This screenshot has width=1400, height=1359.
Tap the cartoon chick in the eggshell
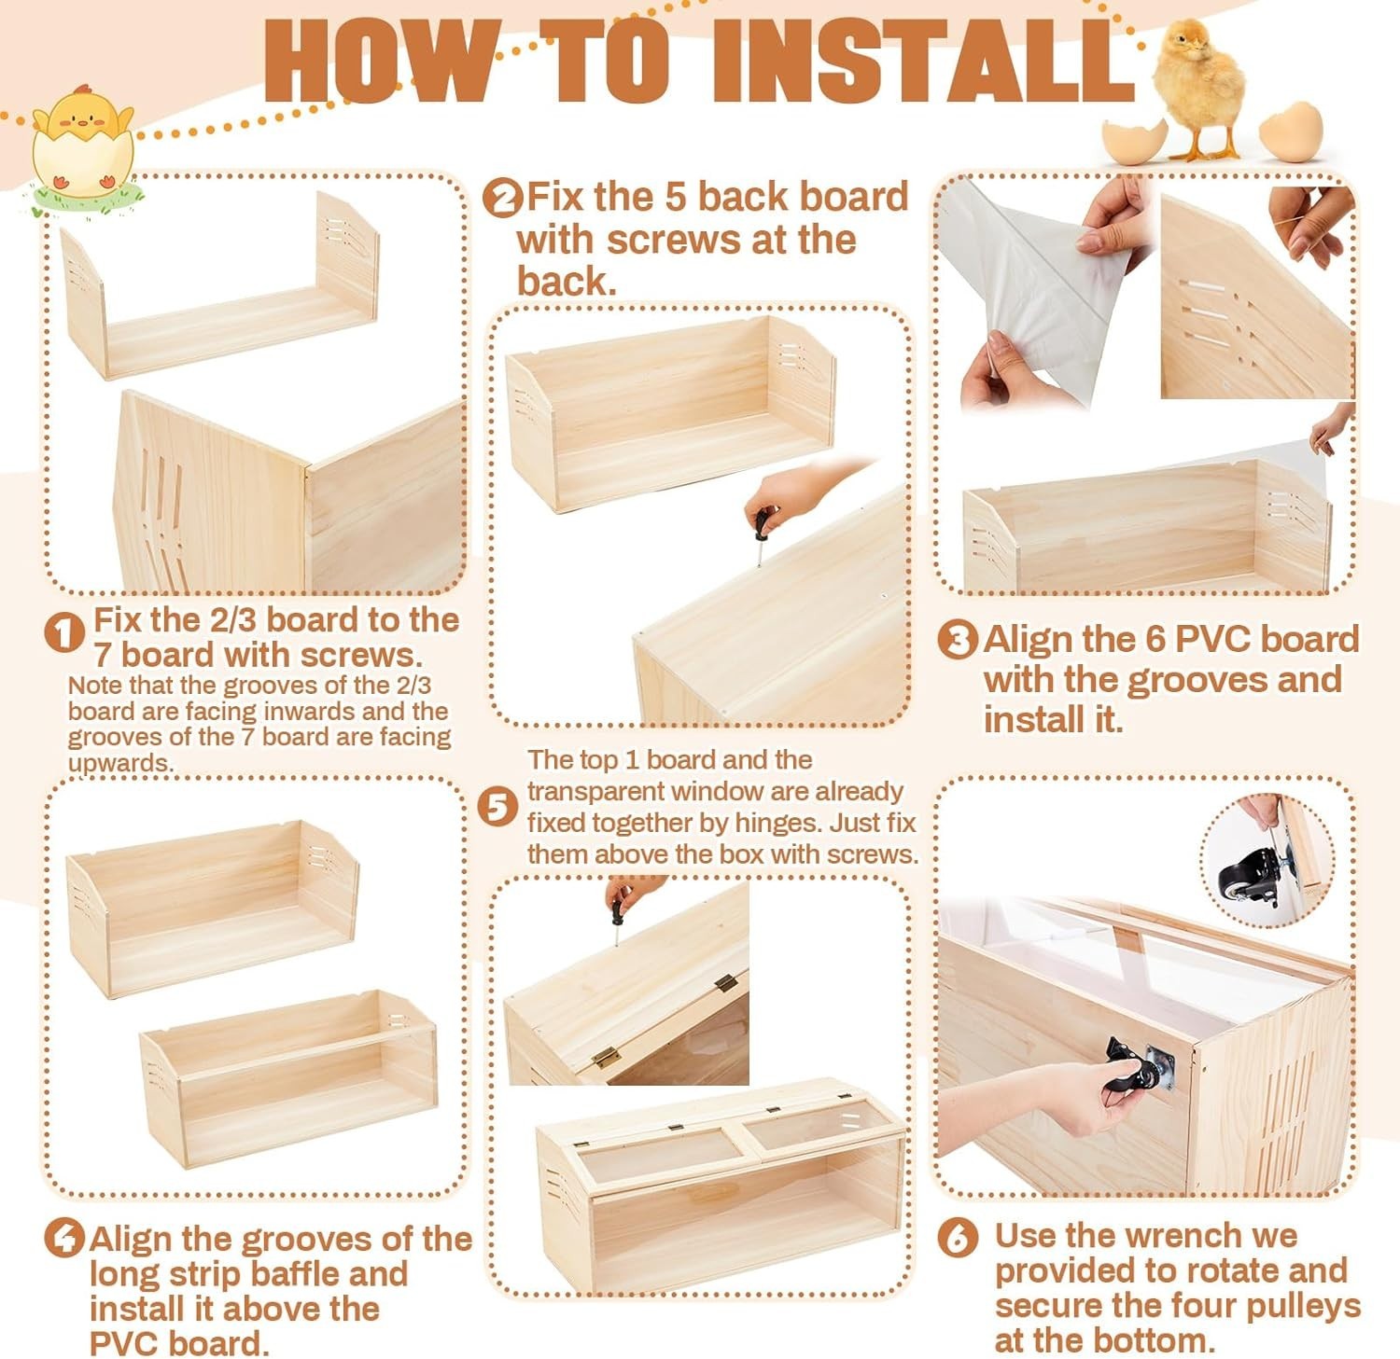pyautogui.click(x=82, y=140)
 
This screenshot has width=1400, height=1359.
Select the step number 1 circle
pyautogui.click(x=64, y=634)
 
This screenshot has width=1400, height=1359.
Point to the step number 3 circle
pyautogui.click(x=957, y=641)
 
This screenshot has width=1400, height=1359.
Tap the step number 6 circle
pyautogui.click(x=959, y=1238)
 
